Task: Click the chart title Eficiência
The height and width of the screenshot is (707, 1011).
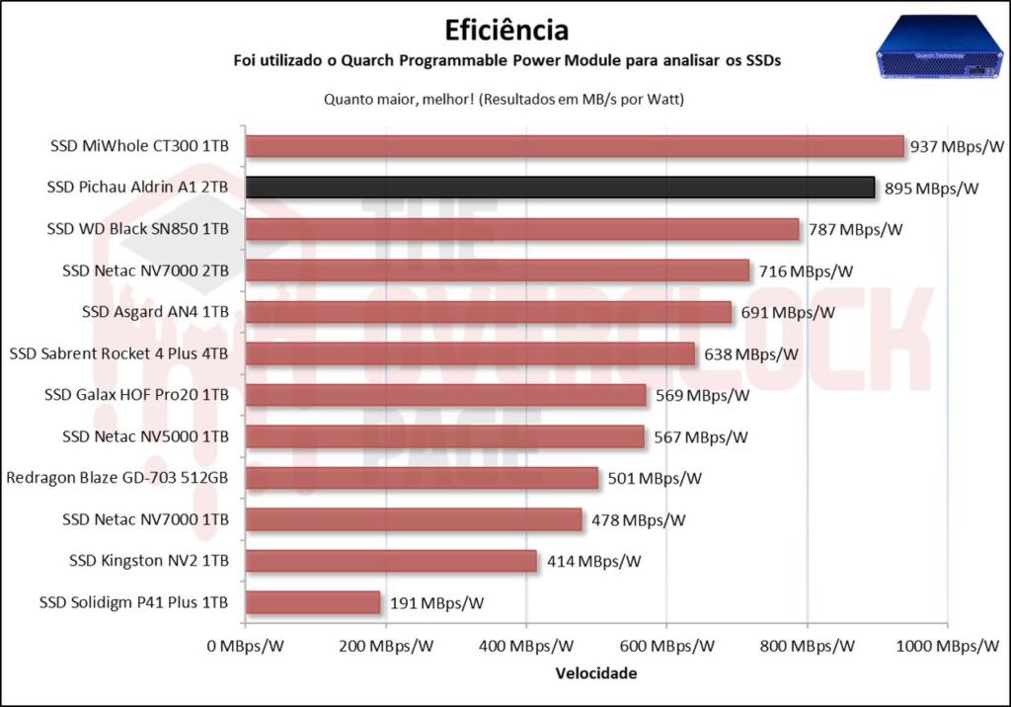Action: [505, 28]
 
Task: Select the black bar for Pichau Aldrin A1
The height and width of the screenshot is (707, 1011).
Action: [560, 188]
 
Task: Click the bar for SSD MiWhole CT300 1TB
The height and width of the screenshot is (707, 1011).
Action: [575, 146]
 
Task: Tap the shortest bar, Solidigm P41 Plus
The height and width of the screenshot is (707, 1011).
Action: [313, 602]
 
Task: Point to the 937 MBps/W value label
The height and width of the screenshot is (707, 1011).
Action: [957, 146]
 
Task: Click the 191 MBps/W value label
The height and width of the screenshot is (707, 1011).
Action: [436, 602]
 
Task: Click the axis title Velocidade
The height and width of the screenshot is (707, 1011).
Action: [596, 673]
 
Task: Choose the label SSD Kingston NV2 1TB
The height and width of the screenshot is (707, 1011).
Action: [149, 561]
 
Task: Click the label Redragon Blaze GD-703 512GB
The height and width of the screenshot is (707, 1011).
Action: [117, 478]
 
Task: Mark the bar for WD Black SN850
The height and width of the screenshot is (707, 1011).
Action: [522, 229]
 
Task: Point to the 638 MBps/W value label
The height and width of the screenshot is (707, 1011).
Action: [750, 353]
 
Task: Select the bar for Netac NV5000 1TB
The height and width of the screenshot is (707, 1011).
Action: [445, 436]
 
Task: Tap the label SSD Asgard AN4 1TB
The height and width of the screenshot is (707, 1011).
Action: [156, 312]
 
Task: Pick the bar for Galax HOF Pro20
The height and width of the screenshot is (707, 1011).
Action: [446, 395]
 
